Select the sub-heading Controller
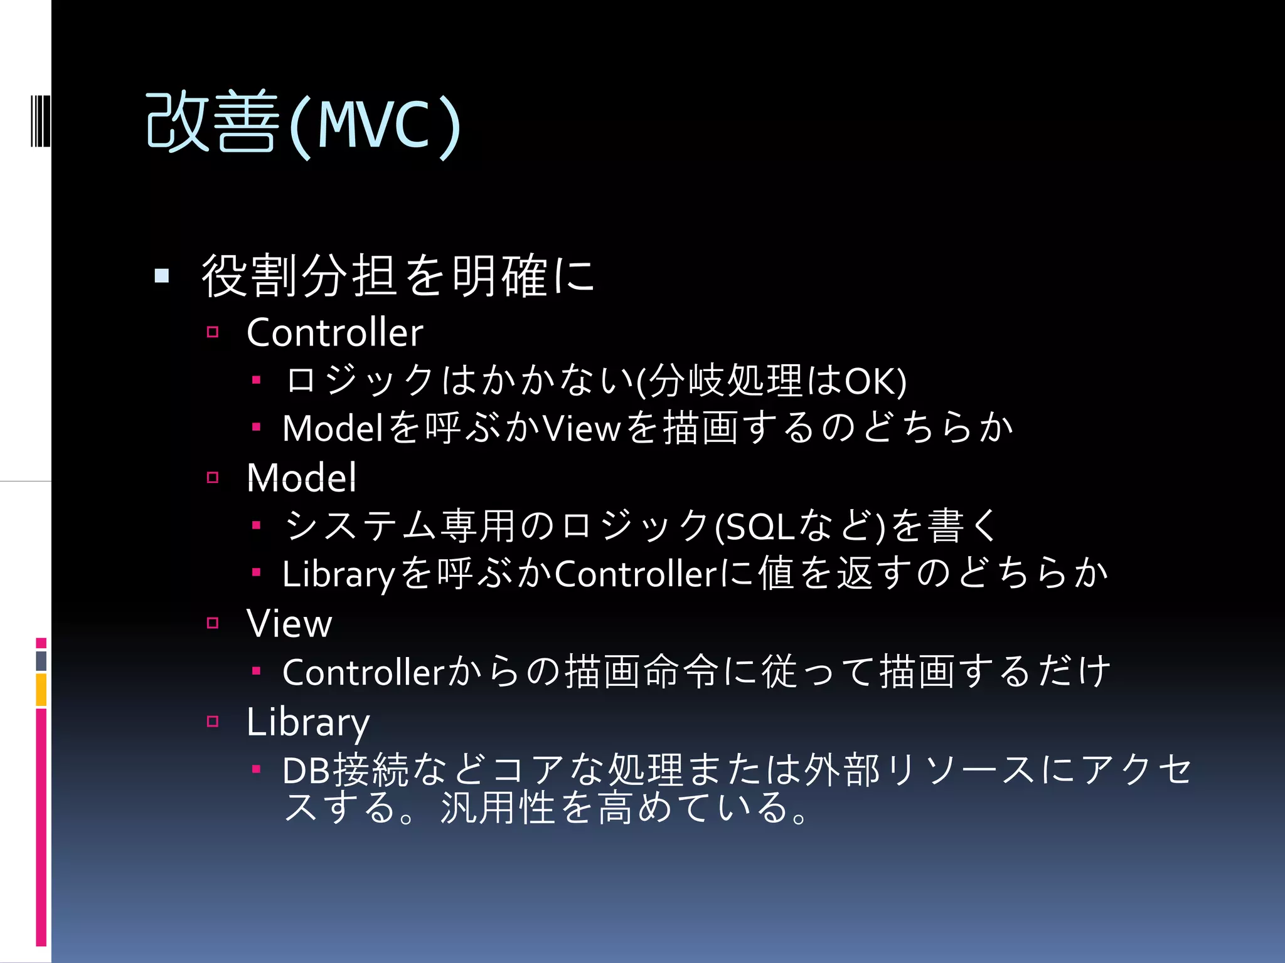coord(334,332)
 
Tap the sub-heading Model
coord(301,478)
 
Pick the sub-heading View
coord(289,623)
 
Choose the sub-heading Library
coord(307,722)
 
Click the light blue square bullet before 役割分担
coord(162,276)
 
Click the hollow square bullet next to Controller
coord(213,332)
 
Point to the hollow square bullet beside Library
coord(213,722)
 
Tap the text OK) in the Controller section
coord(875,381)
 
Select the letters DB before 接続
coord(306,771)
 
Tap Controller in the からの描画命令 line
coord(363,673)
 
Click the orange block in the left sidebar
coord(41,690)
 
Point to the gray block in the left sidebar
coord(41,661)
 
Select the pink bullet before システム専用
coord(256,525)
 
